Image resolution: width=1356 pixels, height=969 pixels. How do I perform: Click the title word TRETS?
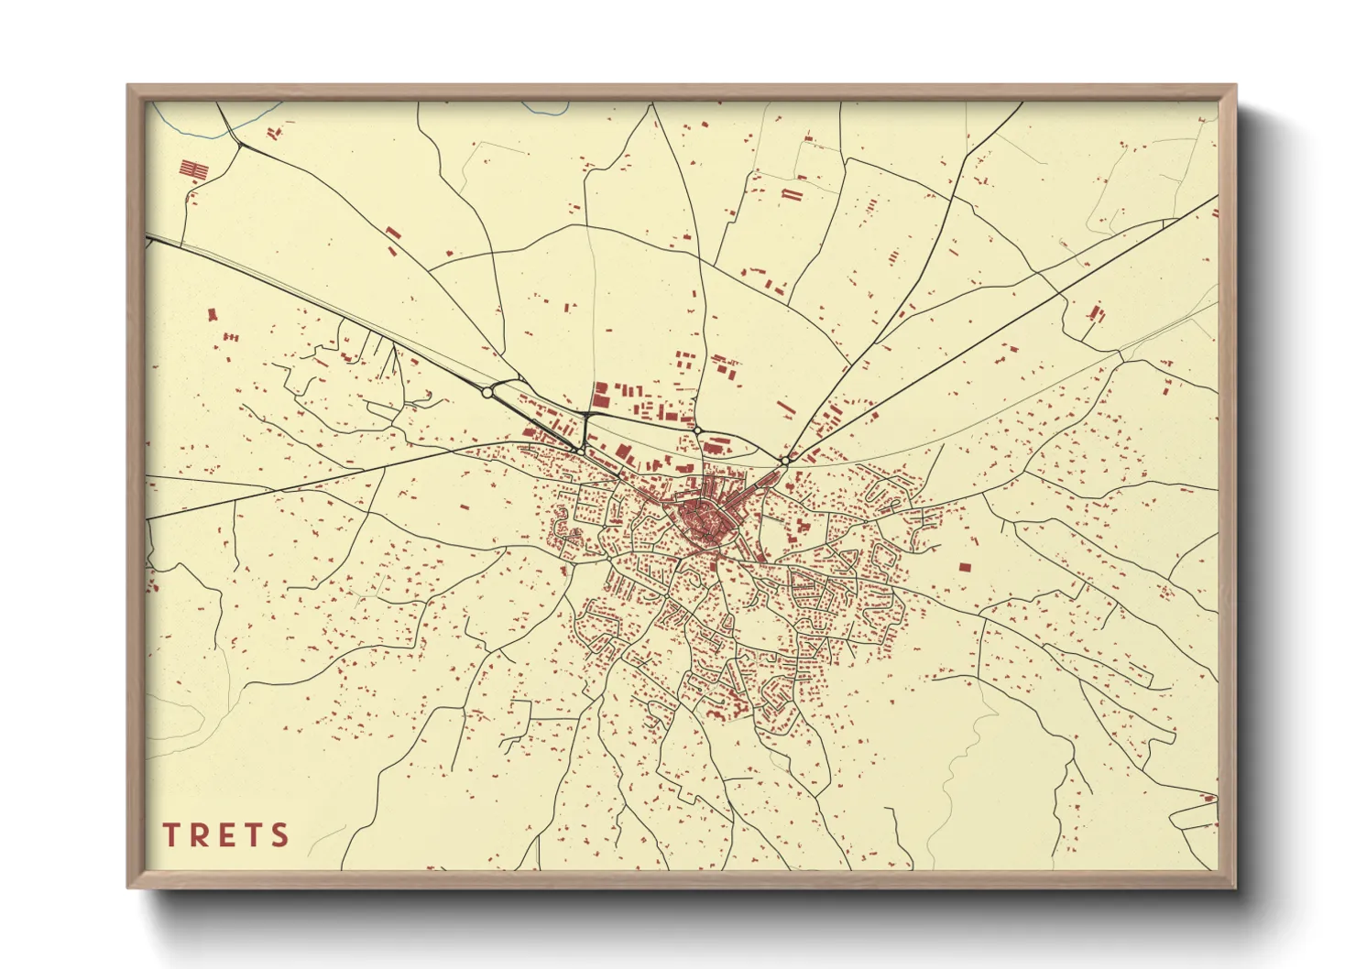coord(226,835)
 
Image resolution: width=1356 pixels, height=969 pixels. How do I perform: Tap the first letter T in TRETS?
coord(171,835)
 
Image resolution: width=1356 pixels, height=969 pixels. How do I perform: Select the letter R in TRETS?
coord(199,835)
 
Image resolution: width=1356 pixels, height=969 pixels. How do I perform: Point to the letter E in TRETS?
coord(225,835)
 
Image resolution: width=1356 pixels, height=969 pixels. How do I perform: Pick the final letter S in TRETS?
coord(279,835)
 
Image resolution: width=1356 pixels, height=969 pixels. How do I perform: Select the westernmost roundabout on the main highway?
coord(487,392)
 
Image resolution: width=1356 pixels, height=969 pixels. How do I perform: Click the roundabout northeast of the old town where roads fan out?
coord(786,460)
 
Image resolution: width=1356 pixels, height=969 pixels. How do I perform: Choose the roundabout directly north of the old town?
coord(697,430)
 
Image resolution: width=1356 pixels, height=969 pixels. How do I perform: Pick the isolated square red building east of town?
coord(964,567)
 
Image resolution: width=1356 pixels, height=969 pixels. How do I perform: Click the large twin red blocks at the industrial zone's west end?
coord(601,396)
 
